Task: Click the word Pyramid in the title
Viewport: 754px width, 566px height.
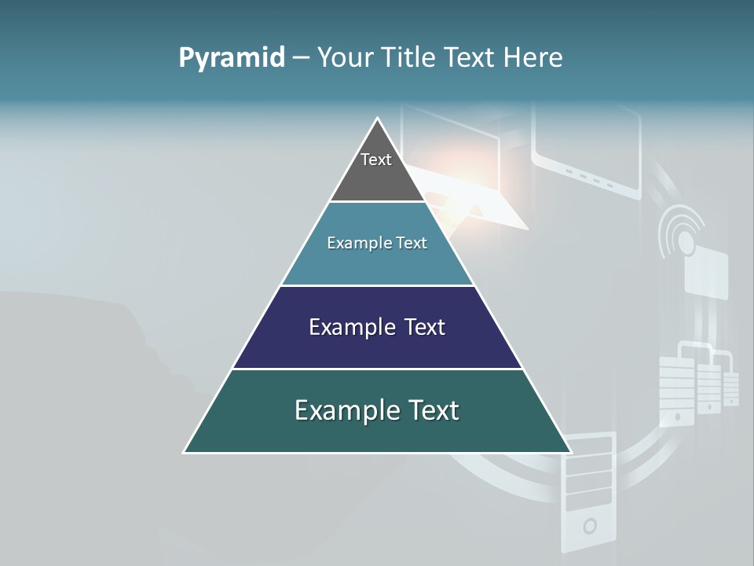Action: (231, 58)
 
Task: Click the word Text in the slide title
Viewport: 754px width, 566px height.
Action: (470, 58)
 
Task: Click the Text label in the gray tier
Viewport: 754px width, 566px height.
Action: (376, 160)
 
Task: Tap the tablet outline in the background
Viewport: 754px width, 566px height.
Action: (586, 153)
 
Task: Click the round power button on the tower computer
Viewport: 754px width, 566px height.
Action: (589, 526)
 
